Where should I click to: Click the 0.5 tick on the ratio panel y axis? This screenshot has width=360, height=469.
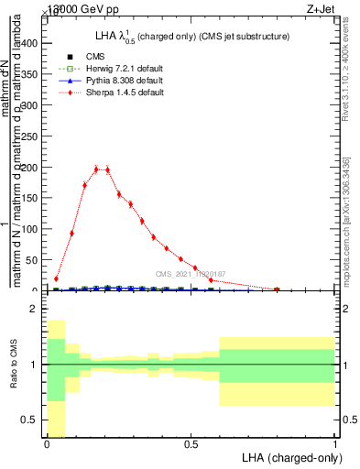tap(32, 420)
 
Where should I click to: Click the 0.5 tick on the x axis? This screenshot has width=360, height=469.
tap(191, 444)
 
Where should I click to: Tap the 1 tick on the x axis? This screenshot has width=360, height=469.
tap(334, 444)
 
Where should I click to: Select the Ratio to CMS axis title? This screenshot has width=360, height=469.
tap(13, 376)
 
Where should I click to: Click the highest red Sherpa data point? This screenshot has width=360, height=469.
tap(97, 169)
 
